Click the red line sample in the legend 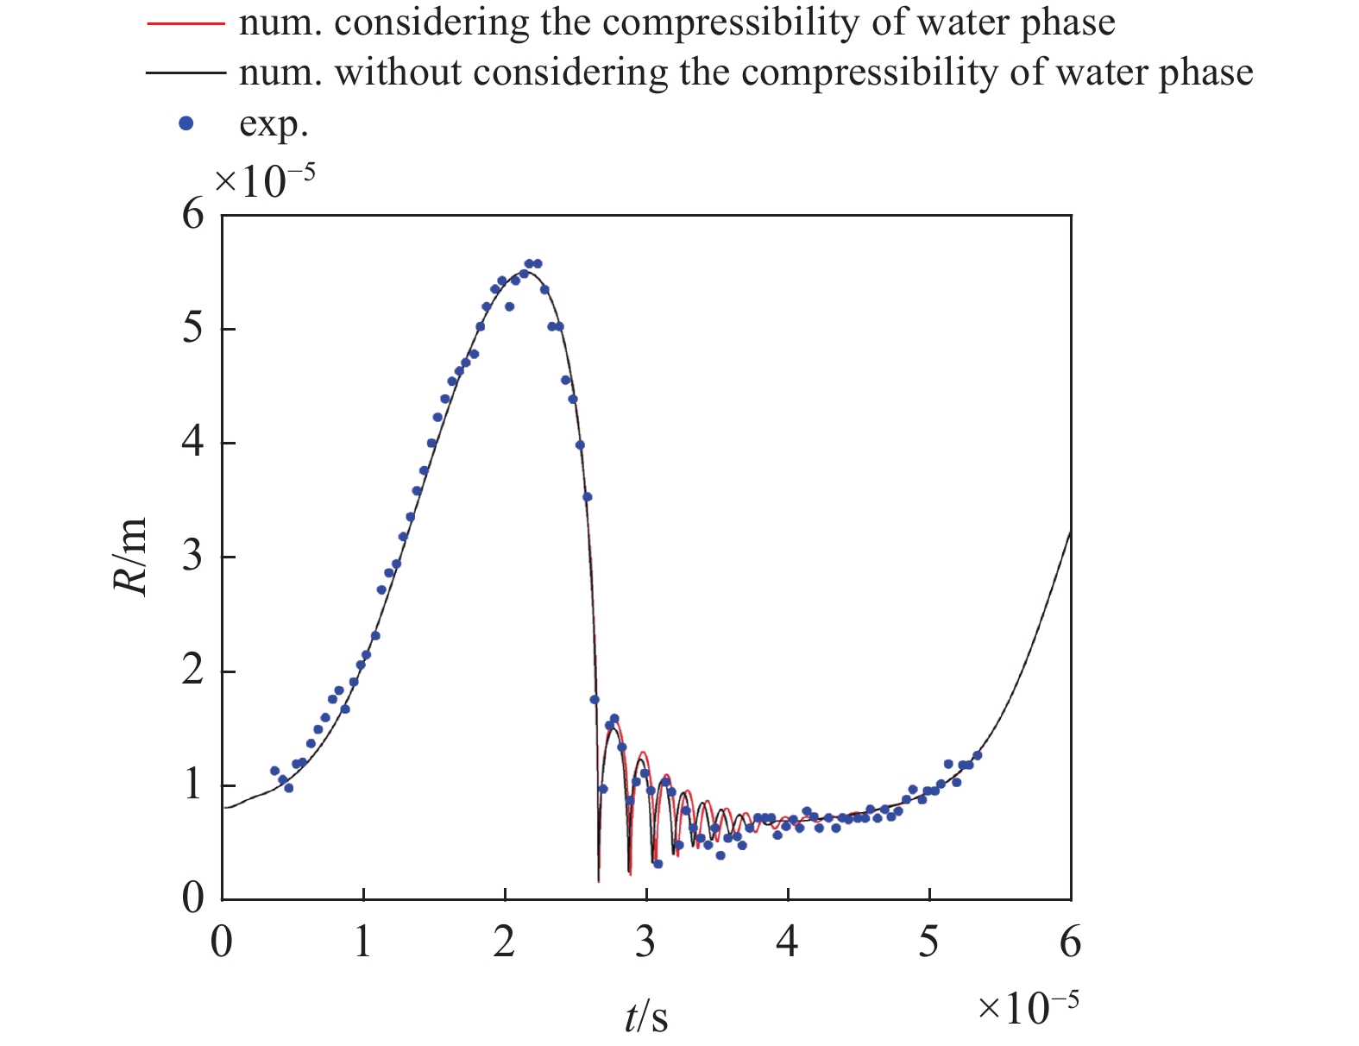pyautogui.click(x=185, y=23)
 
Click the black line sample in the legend pyautogui.click(x=185, y=73)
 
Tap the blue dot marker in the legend pyautogui.click(x=185, y=123)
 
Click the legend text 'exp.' pyautogui.click(x=274, y=123)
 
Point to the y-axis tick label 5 pyautogui.click(x=193, y=329)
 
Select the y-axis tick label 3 pyautogui.click(x=193, y=557)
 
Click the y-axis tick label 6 pyautogui.click(x=193, y=214)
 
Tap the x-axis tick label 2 pyautogui.click(x=505, y=941)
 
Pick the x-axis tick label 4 pyautogui.click(x=787, y=941)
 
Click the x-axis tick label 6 pyautogui.click(x=1070, y=941)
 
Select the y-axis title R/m pyautogui.click(x=131, y=557)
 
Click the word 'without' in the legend pyautogui.click(x=398, y=73)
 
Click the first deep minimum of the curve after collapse pyautogui.click(x=598, y=880)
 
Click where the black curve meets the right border pyautogui.click(x=1070, y=532)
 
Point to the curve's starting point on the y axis pyautogui.click(x=223, y=808)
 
